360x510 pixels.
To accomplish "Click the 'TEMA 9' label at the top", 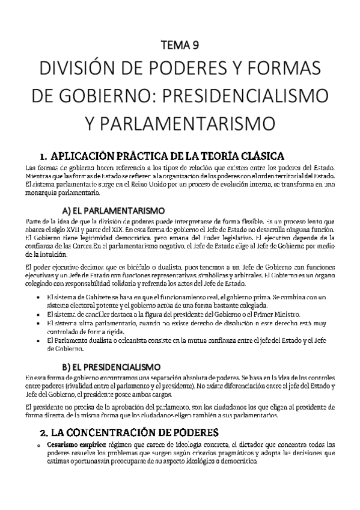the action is point(180,45).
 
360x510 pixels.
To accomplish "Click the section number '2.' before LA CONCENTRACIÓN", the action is point(44,432).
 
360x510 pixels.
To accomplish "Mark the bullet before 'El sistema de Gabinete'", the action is point(38,297).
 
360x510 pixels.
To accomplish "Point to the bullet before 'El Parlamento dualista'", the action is point(38,340).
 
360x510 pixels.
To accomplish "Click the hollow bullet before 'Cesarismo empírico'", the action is point(38,445).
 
